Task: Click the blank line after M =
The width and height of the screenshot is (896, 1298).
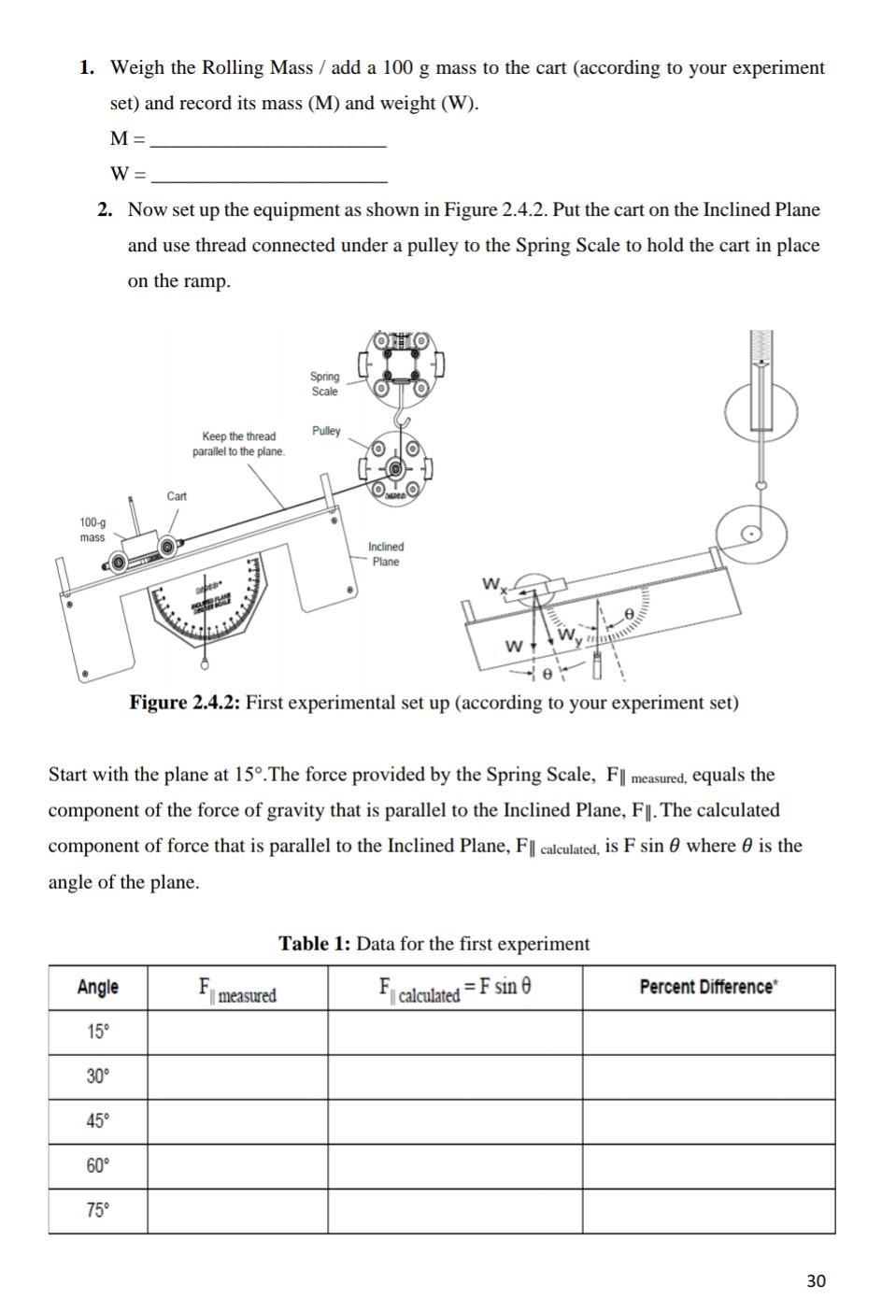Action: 268,142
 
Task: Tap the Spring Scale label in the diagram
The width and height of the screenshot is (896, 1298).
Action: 324,384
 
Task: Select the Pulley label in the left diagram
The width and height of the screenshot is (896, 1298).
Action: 326,431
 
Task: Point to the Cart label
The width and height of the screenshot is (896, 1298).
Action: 177,496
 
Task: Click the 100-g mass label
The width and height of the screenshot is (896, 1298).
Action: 92,530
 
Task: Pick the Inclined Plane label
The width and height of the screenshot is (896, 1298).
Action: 386,554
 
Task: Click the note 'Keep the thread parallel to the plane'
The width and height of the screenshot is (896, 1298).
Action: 239,444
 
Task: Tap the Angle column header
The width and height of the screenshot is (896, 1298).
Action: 98,988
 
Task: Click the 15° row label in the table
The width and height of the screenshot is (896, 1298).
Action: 98,1033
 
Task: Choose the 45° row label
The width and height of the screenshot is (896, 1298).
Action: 98,1121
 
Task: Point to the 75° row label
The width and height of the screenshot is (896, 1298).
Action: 98,1211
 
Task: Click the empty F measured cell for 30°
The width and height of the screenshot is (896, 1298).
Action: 237,1077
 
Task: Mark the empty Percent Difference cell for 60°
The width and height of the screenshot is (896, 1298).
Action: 708,1166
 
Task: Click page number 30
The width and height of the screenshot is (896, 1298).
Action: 816,1280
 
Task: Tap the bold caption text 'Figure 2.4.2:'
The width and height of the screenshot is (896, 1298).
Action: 185,703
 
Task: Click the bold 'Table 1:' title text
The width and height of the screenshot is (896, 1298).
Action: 315,944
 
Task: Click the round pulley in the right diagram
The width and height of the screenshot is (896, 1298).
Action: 750,535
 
